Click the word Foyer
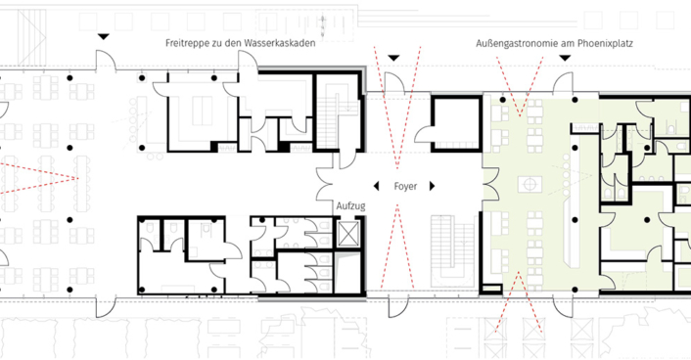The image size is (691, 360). pyautogui.click(x=405, y=187)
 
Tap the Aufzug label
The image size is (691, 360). pyautogui.click(x=350, y=206)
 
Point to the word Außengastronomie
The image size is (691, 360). pyautogui.click(x=513, y=44)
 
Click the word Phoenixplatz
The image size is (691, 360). pyautogui.click(x=605, y=44)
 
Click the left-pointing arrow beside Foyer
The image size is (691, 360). pyautogui.click(x=376, y=187)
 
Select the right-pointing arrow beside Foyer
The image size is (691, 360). pyautogui.click(x=433, y=187)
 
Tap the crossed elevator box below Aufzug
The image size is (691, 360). pyautogui.click(x=349, y=233)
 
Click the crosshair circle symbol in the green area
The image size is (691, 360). pyautogui.click(x=530, y=183)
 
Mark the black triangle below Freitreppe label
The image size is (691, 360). pyautogui.click(x=103, y=37)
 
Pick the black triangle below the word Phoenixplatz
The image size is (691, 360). pyautogui.click(x=565, y=58)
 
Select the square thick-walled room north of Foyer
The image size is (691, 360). pyautogui.click(x=456, y=124)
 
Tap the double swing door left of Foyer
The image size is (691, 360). pyautogui.click(x=325, y=184)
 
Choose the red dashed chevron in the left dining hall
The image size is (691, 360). pyautogui.click(x=40, y=178)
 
